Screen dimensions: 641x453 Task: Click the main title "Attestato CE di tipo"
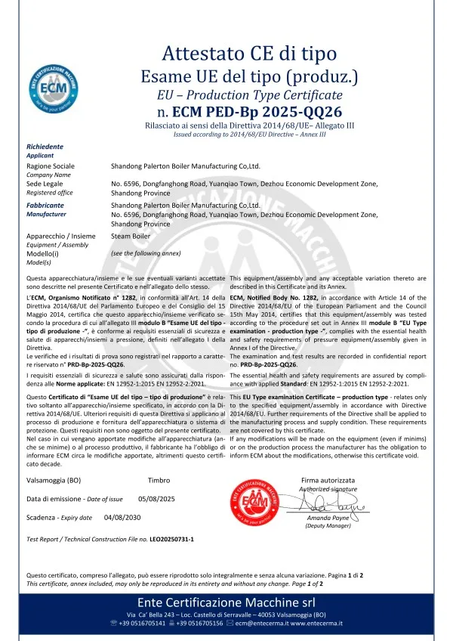[x=248, y=52]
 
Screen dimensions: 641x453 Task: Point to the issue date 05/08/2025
[x=157, y=499]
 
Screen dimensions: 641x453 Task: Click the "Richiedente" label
[x=45, y=147]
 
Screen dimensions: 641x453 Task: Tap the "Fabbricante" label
[x=45, y=205]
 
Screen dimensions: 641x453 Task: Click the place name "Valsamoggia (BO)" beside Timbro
[x=54, y=479]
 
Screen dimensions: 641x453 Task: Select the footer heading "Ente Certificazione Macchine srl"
[x=226, y=602]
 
